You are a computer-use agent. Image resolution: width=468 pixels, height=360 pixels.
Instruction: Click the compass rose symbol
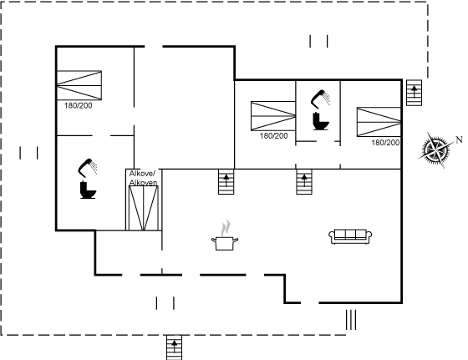435,150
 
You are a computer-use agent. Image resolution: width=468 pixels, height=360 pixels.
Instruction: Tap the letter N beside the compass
460,139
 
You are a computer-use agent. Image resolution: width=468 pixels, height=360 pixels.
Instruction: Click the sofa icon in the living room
350,236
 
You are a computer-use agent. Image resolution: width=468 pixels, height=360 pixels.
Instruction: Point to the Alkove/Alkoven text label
143,178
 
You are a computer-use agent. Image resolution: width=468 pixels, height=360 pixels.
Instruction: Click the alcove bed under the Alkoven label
143,208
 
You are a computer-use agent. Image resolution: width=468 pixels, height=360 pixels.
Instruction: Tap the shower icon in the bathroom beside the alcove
88,168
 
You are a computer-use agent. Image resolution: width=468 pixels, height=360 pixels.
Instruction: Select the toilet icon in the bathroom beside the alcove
88,190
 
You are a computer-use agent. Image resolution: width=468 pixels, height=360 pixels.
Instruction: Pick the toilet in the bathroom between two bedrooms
321,121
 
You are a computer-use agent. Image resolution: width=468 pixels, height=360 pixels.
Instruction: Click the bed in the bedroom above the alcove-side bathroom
79,85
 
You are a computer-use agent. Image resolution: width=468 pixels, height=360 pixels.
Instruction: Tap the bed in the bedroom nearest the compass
379,122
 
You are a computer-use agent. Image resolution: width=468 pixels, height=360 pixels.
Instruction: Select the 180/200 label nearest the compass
385,143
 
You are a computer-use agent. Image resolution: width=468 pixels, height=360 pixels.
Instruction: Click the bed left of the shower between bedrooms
273,116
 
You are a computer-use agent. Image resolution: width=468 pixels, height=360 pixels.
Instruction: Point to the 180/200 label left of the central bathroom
274,136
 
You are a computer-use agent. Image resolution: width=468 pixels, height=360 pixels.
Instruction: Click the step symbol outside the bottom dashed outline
175,347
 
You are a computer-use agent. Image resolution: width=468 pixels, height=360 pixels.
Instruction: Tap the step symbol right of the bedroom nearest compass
415,93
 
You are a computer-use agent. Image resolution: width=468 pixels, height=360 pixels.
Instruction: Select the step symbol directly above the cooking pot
226,181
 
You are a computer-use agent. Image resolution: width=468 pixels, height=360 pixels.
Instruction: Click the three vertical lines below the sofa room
351,320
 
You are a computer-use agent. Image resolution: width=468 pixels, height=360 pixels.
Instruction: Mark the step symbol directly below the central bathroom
304,181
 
